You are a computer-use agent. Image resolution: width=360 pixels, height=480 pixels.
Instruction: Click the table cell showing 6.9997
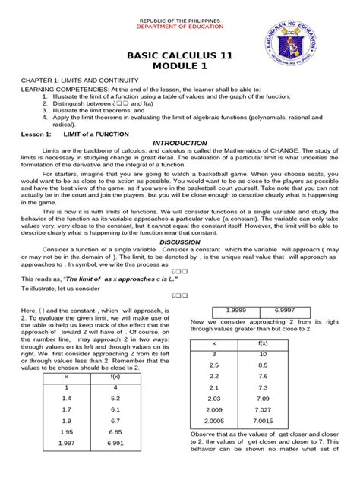tap(286, 311)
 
